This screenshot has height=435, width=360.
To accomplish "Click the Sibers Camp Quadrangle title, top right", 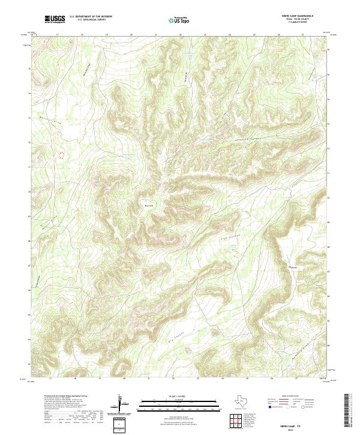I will pos(296,16).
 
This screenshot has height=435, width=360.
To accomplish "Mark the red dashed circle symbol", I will pos(61,154).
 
